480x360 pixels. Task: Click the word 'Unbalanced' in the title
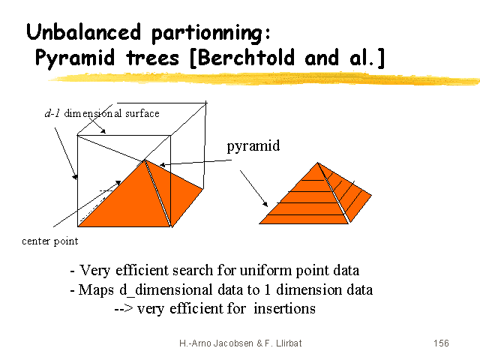pos(83,31)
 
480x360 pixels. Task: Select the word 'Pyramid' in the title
pos(75,58)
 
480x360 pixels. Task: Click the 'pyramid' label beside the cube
pos(253,146)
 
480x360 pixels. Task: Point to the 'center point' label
pos(50,241)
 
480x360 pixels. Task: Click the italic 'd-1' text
pos(52,113)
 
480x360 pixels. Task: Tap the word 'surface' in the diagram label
pos(142,113)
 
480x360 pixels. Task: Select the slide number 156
pos(441,343)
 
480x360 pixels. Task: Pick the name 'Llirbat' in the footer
pos(289,343)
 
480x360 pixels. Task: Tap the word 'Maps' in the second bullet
pos(96,290)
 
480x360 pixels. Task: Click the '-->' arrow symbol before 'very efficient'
pos(124,308)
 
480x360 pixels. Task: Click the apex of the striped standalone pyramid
pos(318,163)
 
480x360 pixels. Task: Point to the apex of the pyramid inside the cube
pos(144,160)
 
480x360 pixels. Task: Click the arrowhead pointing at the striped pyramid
pos(265,204)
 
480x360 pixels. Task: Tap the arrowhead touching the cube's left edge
pos(75,177)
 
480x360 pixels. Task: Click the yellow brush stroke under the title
pos(264,79)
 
